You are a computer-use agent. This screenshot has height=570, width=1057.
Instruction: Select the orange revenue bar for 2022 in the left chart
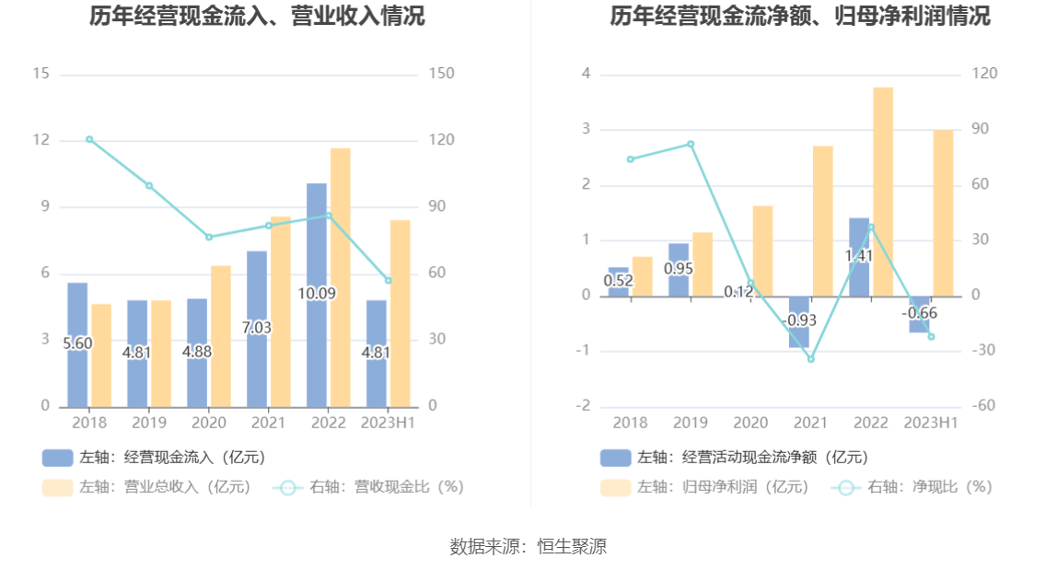tap(341, 276)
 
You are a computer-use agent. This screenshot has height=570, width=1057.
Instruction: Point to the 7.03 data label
tap(257, 328)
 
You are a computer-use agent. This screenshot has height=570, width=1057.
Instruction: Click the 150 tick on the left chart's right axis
tap(442, 74)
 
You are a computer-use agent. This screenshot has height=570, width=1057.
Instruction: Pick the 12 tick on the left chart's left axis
tap(41, 140)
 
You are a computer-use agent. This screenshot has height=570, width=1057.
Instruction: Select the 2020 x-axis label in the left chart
tap(209, 423)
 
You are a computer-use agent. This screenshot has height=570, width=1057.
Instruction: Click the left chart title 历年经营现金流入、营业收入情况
tap(257, 16)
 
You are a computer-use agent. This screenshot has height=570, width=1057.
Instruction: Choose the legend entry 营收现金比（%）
tap(368, 487)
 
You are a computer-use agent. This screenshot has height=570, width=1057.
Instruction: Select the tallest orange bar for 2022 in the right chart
tap(883, 192)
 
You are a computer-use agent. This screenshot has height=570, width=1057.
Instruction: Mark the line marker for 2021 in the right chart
tap(811, 358)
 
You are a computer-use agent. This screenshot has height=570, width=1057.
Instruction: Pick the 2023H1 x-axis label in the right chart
tap(931, 423)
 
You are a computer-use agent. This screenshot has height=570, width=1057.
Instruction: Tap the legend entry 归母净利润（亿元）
tap(704, 487)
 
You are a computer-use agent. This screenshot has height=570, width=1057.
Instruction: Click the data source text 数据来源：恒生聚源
tap(528, 546)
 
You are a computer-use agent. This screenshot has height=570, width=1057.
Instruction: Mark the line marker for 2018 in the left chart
tap(89, 139)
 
